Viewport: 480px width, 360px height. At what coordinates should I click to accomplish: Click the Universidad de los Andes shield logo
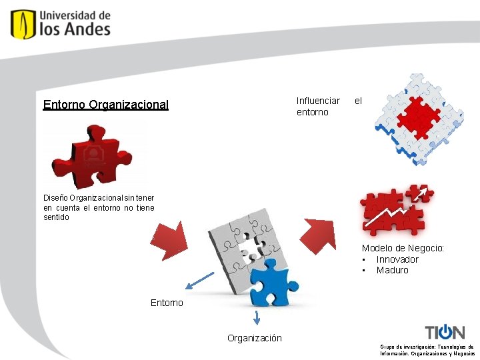(23, 24)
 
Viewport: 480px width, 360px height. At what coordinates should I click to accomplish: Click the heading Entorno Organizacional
(105, 105)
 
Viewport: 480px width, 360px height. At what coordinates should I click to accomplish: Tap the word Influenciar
(318, 101)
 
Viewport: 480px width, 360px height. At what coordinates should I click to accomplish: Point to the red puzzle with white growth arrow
(395, 209)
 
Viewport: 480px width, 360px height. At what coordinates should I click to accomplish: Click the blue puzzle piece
(268, 283)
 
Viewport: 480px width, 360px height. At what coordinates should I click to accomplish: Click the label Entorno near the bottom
(167, 303)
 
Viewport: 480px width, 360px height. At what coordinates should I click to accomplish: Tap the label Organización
(254, 338)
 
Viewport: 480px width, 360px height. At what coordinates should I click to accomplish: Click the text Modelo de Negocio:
(403, 248)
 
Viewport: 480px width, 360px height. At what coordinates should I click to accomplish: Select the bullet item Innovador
(397, 259)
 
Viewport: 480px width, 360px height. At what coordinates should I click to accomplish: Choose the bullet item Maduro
(392, 270)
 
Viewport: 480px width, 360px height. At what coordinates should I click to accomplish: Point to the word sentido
(56, 217)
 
